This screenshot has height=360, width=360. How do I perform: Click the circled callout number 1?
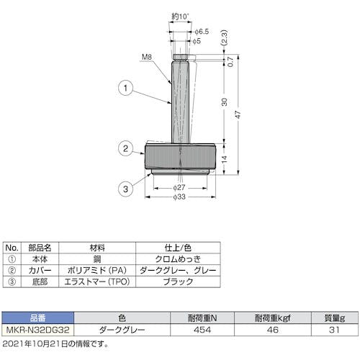pos(125,88)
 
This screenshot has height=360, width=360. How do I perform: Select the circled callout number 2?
pos(125,148)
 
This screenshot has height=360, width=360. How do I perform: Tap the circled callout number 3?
pos(125,189)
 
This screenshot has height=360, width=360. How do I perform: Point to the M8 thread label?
pos(147,57)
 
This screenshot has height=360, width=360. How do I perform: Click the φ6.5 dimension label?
pos(202,32)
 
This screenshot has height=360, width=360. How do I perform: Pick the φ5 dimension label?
pos(197,41)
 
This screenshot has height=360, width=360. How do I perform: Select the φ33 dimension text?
pos(179,197)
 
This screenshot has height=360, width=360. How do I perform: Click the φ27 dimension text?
pos(179,187)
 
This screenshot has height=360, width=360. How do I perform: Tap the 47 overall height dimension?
pos(238,114)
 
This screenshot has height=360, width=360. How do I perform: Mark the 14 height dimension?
pos(224,159)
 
